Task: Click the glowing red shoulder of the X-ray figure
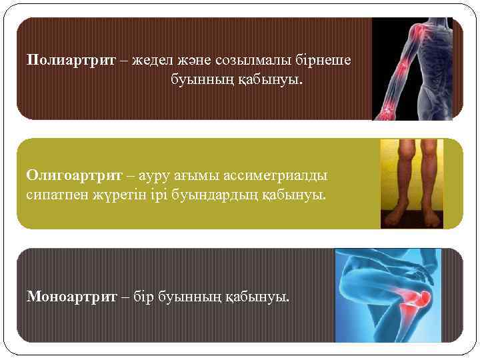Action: [x=421, y=30]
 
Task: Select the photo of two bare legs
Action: [x=411, y=183]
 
